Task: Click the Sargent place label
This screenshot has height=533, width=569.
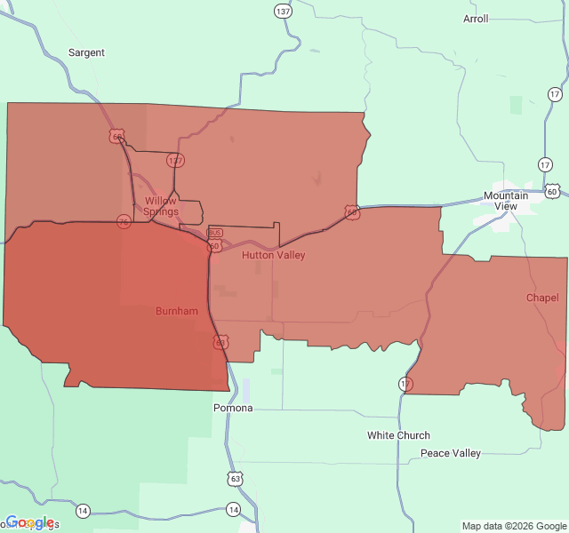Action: tap(86, 52)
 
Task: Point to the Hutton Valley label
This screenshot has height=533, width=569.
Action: tap(273, 255)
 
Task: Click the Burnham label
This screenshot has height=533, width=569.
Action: tap(177, 311)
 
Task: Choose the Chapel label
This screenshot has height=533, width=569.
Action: tap(542, 298)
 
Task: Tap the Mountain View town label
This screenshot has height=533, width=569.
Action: tap(506, 201)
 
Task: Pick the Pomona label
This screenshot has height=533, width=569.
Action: tap(233, 408)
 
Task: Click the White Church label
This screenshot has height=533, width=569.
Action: tap(398, 435)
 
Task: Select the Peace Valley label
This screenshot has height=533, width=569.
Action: tap(451, 453)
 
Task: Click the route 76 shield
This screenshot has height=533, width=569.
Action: tap(124, 221)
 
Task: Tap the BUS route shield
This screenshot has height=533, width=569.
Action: tap(214, 233)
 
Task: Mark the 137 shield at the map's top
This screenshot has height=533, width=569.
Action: tap(283, 12)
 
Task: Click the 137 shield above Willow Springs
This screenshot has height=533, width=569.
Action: tap(175, 161)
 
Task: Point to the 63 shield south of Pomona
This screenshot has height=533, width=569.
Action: tap(234, 479)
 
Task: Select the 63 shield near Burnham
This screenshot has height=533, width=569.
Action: tap(220, 342)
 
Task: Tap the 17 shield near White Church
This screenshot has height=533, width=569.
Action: tap(405, 384)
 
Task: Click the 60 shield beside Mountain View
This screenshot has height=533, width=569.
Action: tap(552, 191)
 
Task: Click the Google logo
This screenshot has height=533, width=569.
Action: tap(29, 522)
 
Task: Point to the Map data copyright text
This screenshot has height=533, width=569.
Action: tap(512, 526)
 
